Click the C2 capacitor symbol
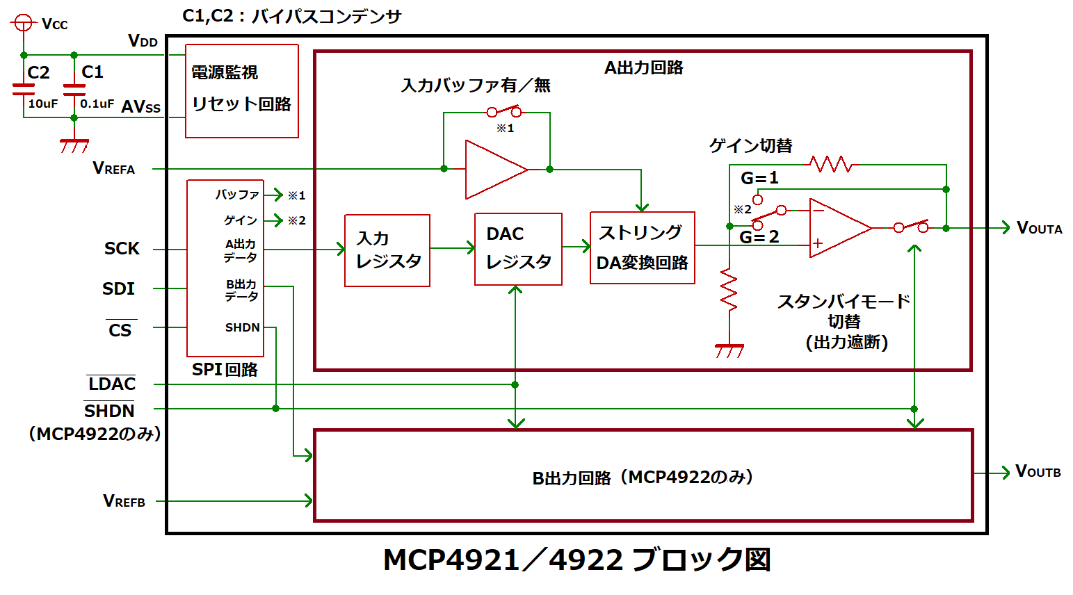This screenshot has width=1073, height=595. tap(24, 89)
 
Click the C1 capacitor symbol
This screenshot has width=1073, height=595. tap(74, 89)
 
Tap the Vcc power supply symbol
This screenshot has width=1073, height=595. tap(24, 24)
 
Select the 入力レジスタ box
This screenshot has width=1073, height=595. tap(387, 250)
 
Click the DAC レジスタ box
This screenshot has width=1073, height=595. tap(518, 249)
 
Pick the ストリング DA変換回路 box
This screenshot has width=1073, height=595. tap(642, 247)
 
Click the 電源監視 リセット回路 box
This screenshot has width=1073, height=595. tap(241, 91)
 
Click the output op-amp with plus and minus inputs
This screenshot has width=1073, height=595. tap(838, 227)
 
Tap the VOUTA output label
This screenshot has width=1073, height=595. tap(1039, 228)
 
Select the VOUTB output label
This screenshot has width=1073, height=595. tap(1038, 471)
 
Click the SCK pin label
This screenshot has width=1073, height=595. tap(122, 249)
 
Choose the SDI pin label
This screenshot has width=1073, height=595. tap(119, 288)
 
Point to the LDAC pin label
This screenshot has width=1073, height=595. tap(111, 384)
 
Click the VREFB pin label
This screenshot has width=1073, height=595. tap(124, 500)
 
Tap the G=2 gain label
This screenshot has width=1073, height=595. tap(759, 237)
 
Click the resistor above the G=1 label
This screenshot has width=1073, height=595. tap(831, 165)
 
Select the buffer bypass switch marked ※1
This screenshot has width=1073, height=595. tap(504, 111)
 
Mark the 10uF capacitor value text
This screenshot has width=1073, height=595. tap(42, 104)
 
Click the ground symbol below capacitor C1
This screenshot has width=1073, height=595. tap(74, 145)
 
